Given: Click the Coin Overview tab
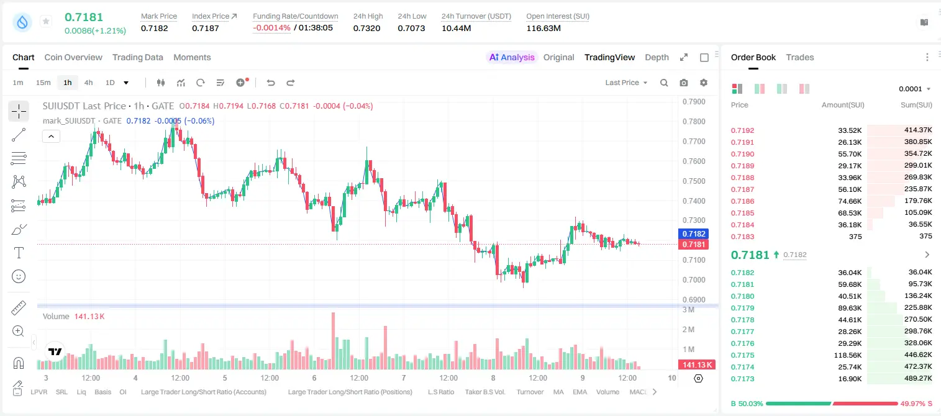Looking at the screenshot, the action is [73, 57].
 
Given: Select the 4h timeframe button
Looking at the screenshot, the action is [88, 83].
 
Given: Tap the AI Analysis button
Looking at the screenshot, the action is [512, 57].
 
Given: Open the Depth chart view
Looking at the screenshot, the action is [657, 57].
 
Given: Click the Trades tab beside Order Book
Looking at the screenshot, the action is [800, 57].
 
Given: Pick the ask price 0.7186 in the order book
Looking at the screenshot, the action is [742, 201].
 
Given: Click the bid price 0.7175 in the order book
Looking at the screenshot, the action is [742, 355].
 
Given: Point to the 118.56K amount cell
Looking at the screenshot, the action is [847, 355].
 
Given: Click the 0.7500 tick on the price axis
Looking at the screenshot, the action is [694, 181].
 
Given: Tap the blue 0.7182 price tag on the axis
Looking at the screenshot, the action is [693, 234].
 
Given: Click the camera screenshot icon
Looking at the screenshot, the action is [684, 83].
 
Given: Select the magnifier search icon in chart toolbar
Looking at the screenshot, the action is [664, 83].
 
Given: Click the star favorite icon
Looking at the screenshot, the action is [46, 21].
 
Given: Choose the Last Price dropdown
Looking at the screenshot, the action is [626, 83].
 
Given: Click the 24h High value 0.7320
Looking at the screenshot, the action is [366, 28].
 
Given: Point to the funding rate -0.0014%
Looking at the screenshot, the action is [271, 28].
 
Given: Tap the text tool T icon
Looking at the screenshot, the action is [19, 253].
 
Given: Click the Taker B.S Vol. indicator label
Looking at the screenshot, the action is [484, 392].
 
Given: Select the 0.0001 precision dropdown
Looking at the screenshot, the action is [914, 89].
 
